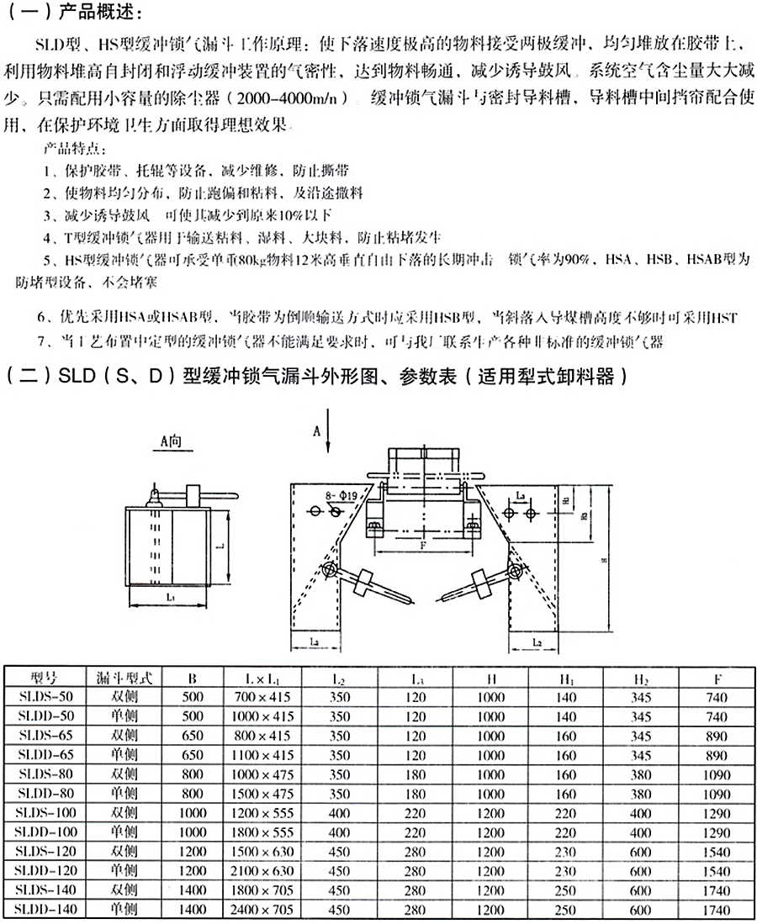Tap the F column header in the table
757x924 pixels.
[717, 676]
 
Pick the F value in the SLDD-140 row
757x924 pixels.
[717, 910]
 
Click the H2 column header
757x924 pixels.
[642, 676]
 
